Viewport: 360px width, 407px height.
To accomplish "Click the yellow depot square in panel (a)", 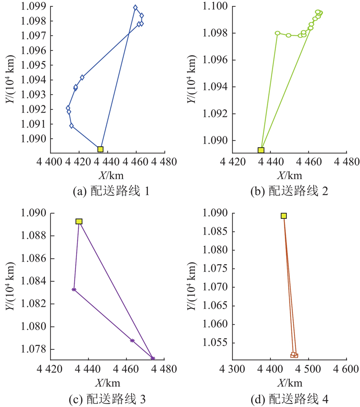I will point(100,149).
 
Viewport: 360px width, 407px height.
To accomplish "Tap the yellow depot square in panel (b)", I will point(261,150).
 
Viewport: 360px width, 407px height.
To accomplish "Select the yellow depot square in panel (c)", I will point(79,222).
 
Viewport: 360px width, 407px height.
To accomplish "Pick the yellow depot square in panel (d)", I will point(284,216).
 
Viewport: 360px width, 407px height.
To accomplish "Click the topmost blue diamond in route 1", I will point(135,8).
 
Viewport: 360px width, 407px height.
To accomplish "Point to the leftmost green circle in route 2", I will point(278,33).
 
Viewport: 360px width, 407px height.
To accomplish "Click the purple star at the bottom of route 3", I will point(153,358).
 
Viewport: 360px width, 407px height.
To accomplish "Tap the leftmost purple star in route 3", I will point(74,289).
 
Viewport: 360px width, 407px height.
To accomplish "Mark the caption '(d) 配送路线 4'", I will point(289,399).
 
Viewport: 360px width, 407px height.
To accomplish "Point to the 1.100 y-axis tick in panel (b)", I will point(216,6).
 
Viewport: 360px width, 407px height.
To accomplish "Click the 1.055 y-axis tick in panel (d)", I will point(216,343).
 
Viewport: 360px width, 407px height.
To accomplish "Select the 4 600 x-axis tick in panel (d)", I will point(346,370).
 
